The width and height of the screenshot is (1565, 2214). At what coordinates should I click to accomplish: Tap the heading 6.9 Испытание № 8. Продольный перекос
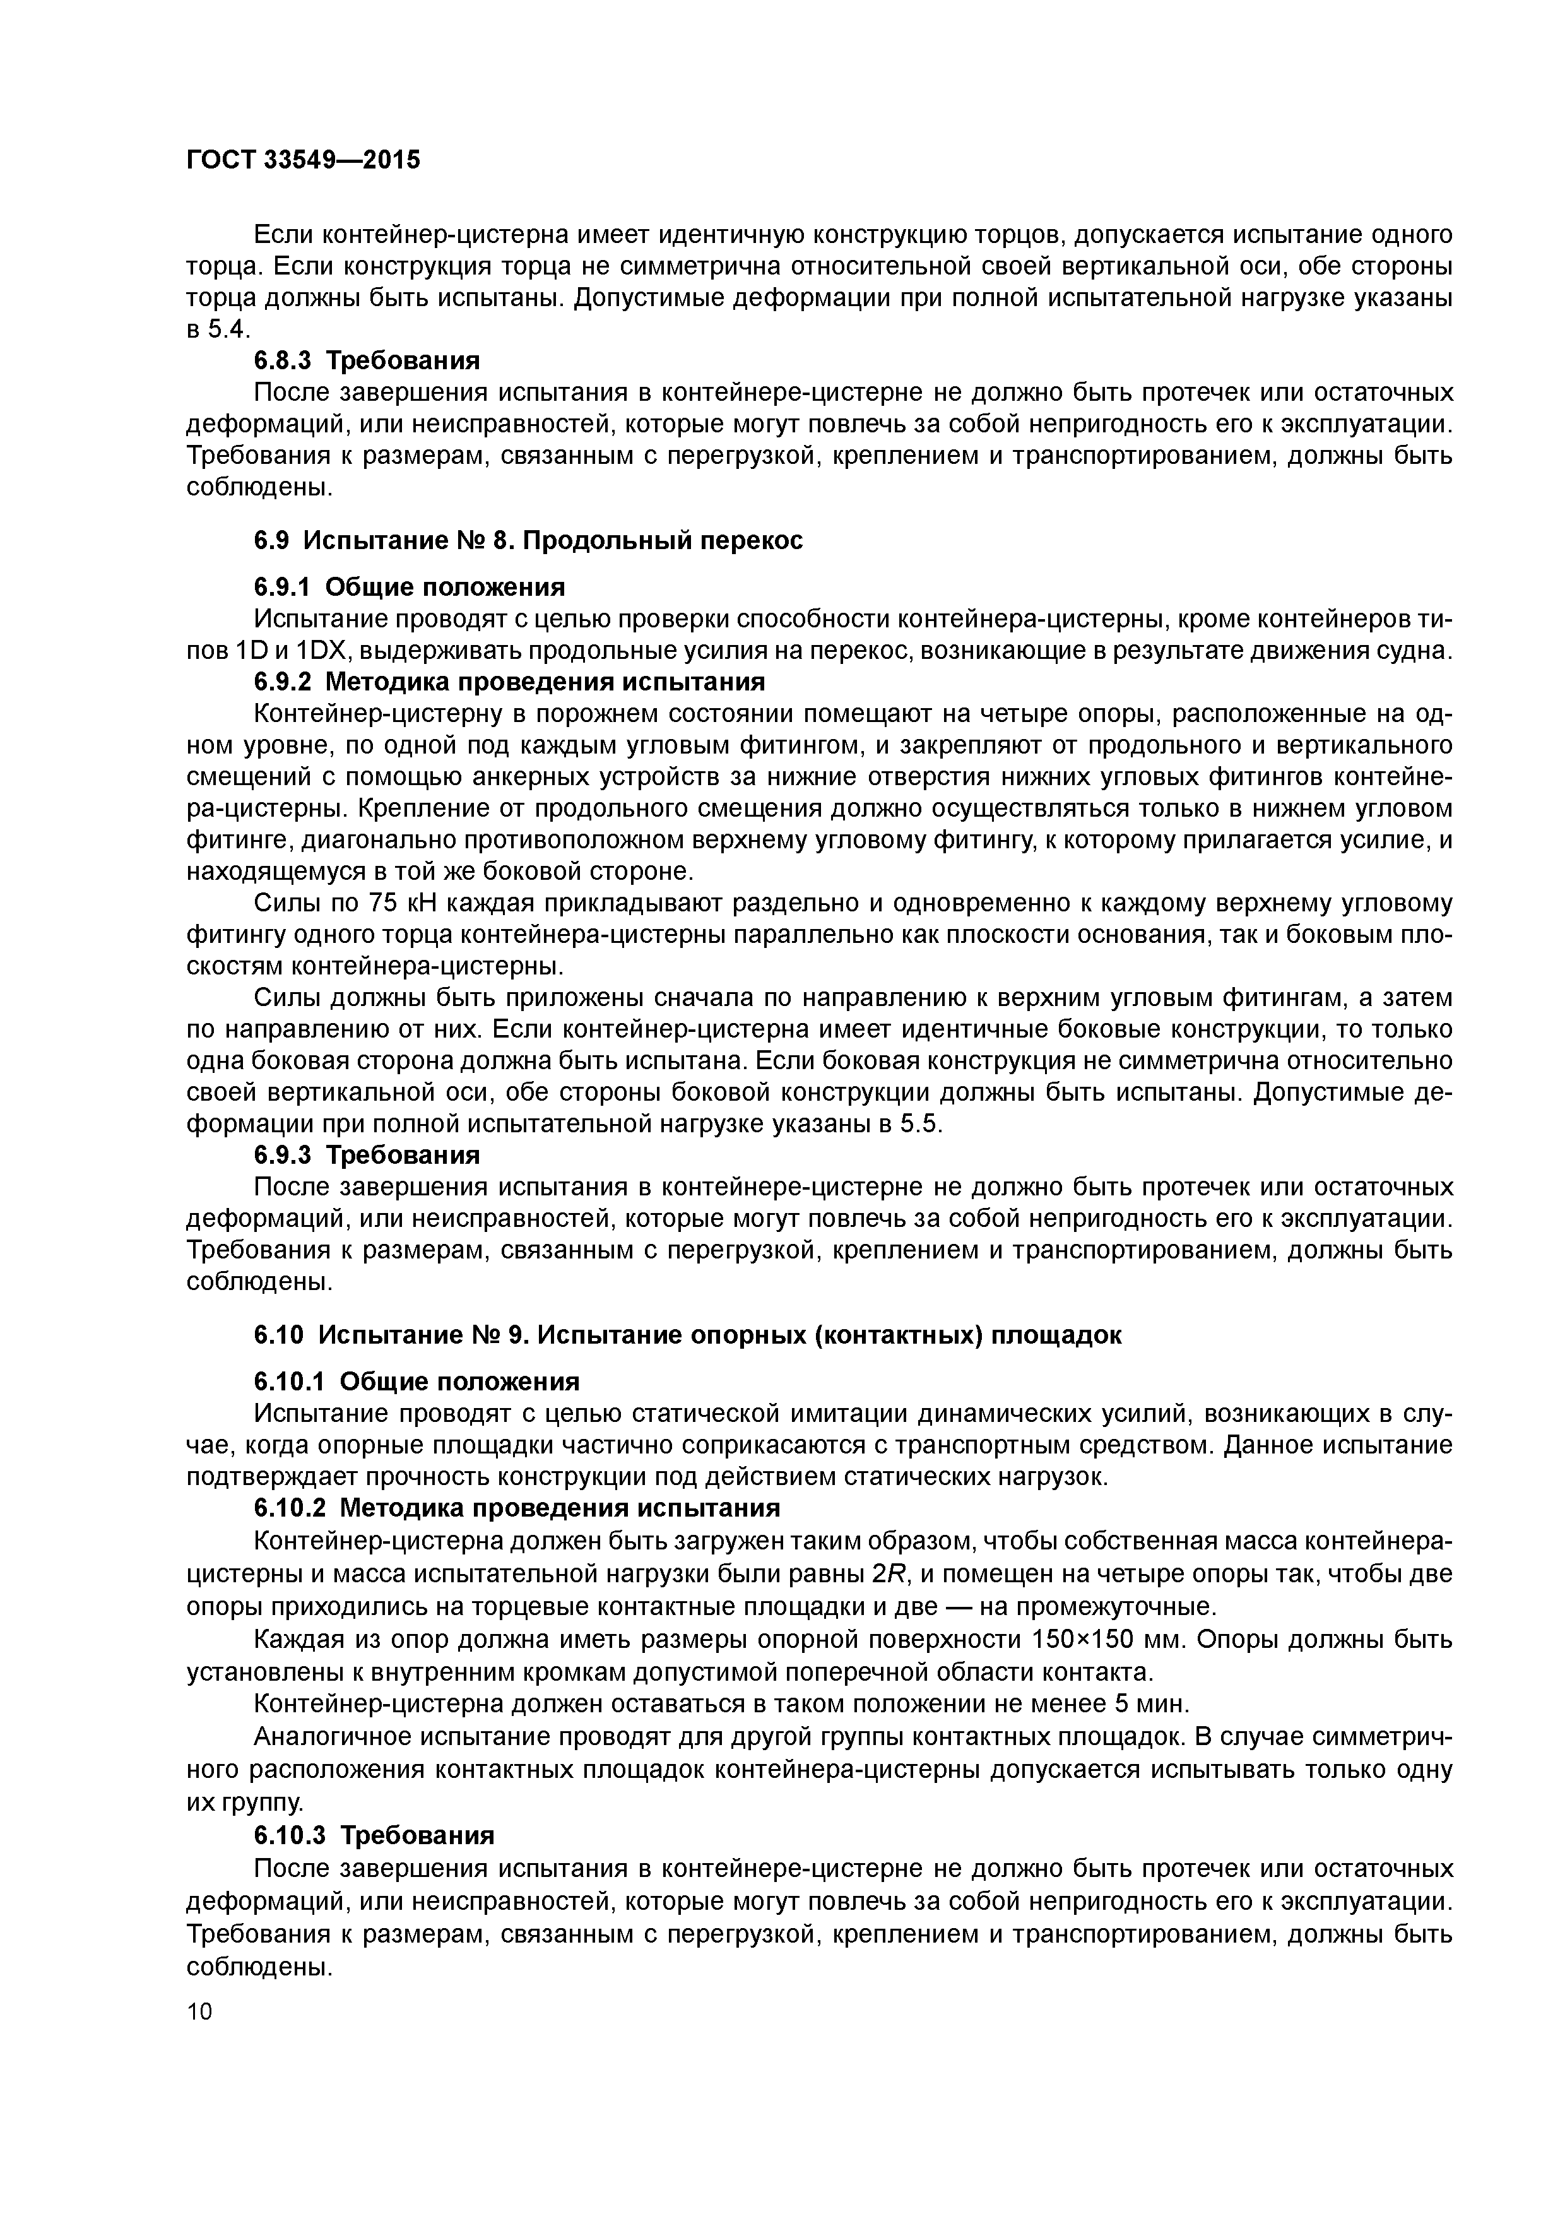tap(528, 540)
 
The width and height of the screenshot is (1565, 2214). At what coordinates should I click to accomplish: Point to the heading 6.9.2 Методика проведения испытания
tap(509, 682)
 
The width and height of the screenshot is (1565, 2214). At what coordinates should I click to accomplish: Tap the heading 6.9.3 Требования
tap(367, 1154)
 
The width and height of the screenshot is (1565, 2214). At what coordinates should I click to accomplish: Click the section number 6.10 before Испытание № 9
tap(279, 1335)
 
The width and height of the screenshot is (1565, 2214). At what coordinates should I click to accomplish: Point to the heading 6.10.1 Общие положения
tap(416, 1382)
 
